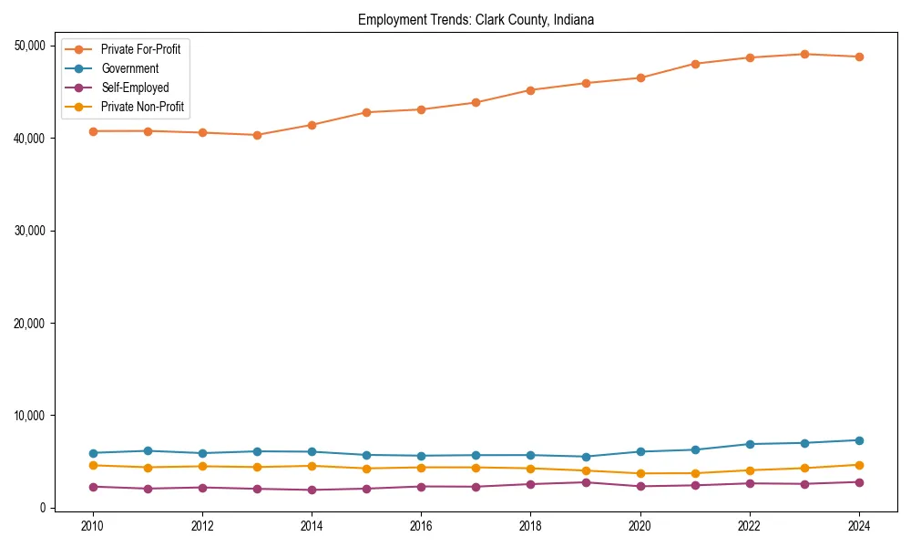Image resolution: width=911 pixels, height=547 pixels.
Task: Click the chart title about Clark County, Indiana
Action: (476, 20)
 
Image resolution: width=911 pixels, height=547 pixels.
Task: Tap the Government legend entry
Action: (129, 68)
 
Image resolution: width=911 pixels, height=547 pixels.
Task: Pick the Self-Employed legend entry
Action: (135, 88)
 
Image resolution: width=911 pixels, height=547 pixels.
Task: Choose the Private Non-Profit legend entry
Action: (142, 108)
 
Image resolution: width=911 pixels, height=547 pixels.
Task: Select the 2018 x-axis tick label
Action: (530, 526)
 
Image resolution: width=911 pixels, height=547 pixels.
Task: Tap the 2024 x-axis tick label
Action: (859, 526)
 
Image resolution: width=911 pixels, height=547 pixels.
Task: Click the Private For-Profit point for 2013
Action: (257, 135)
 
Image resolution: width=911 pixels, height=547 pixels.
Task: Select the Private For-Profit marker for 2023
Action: (804, 54)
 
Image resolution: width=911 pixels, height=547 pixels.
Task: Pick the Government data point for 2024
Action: (859, 440)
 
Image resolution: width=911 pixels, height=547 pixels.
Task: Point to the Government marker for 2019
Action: (586, 457)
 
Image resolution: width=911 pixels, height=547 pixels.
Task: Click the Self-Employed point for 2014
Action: (312, 490)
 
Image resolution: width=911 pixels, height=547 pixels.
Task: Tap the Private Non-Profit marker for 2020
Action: (640, 473)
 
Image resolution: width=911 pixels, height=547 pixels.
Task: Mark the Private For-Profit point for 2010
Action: (92, 131)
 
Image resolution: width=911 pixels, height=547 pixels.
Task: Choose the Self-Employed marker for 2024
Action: (859, 482)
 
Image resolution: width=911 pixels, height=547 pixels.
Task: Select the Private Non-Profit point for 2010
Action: (92, 465)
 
